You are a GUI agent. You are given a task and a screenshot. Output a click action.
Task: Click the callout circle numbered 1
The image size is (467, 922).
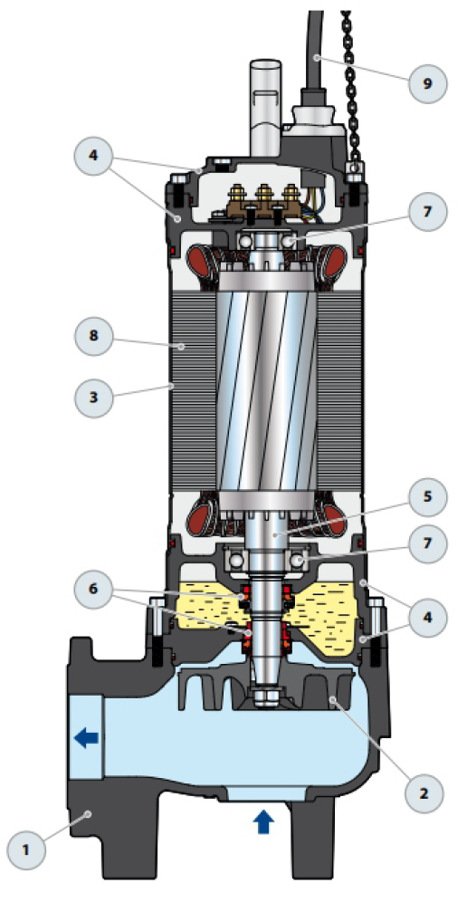pos(26,850)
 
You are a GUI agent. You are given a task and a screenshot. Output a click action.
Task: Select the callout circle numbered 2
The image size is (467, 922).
pos(424,793)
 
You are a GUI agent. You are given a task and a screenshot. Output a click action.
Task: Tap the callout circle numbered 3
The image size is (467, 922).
pos(93,398)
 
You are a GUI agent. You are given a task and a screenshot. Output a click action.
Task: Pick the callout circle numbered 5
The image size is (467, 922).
pos(427,497)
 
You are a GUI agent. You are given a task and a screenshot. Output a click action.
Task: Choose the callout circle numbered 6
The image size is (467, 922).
pos(93,589)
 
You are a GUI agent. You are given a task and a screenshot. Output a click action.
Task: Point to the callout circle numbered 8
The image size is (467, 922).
pos(93,336)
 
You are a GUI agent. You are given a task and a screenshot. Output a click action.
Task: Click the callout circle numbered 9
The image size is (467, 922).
pos(427,83)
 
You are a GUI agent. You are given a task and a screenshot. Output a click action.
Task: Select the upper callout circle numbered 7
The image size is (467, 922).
pos(427,212)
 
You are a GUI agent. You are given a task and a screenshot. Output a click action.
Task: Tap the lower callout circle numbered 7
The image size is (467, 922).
pos(427,543)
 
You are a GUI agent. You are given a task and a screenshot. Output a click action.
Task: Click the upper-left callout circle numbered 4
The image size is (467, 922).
pos(93,157)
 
